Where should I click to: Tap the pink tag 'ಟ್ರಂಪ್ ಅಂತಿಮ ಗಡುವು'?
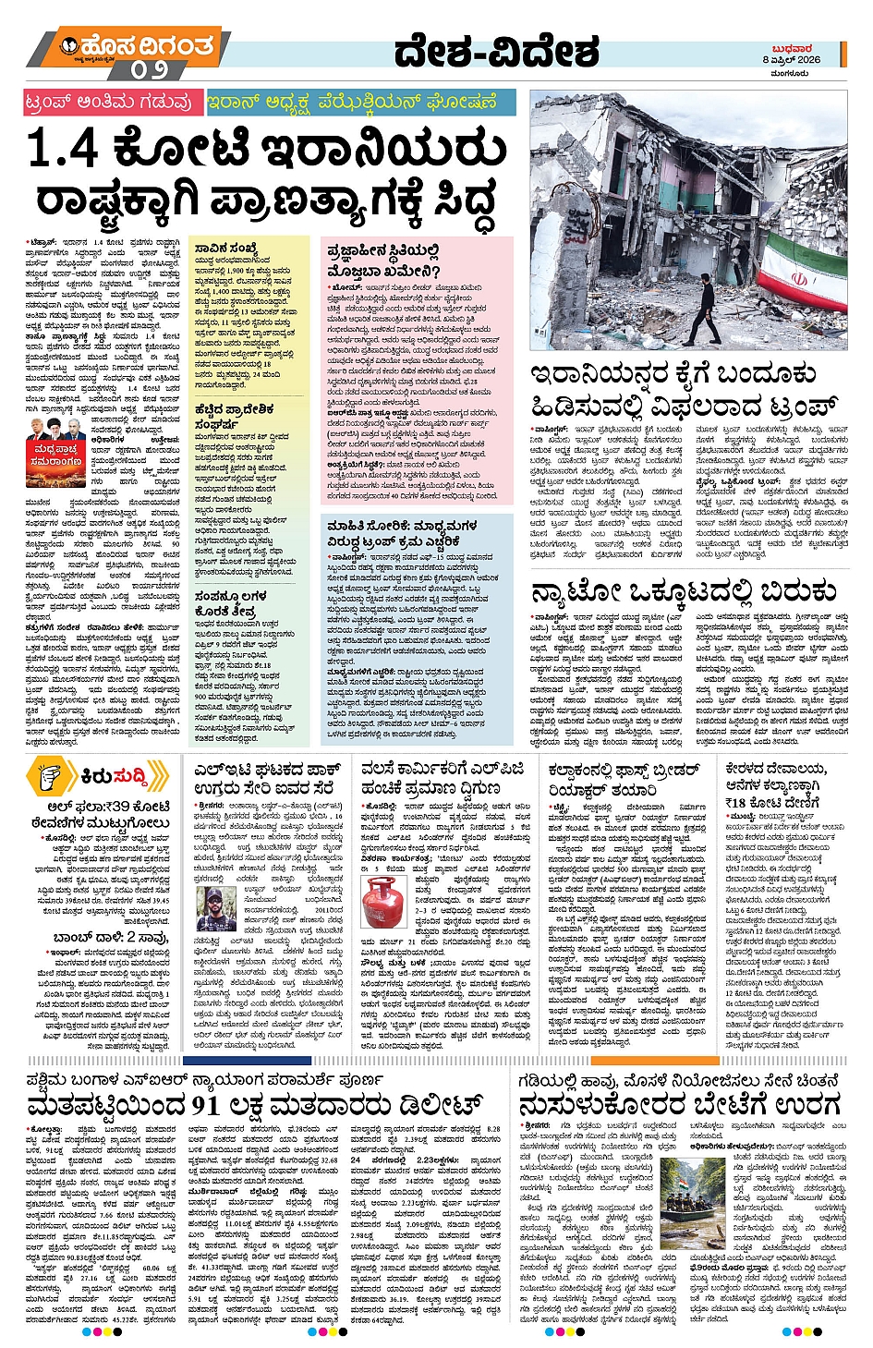click(x=110, y=101)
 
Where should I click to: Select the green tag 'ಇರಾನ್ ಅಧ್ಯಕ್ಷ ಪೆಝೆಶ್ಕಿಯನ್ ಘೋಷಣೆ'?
click(x=351, y=101)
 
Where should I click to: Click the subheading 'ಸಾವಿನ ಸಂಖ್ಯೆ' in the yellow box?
click(x=226, y=248)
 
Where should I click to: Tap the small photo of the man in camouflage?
click(x=216, y=910)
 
